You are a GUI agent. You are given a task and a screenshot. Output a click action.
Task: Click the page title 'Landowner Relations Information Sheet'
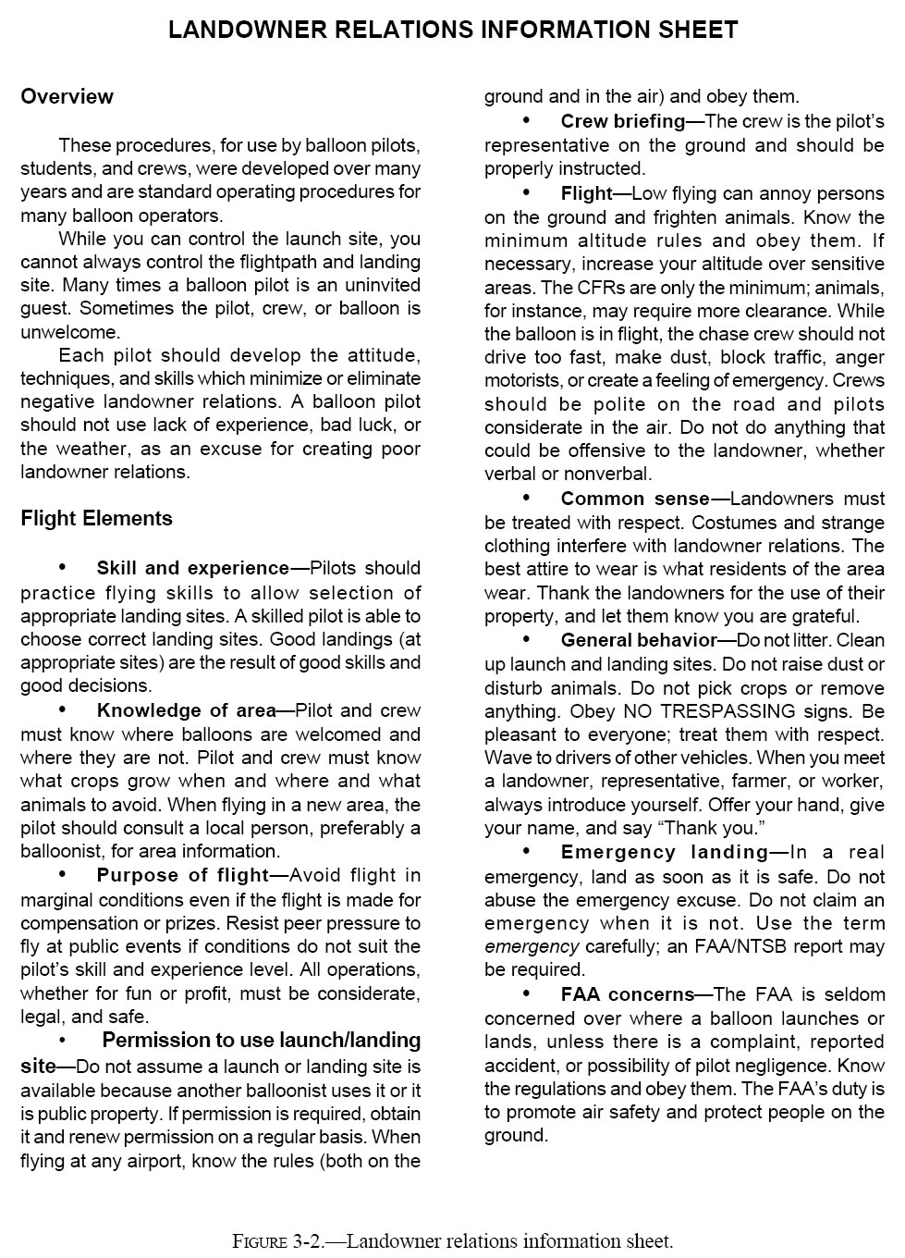click(x=453, y=31)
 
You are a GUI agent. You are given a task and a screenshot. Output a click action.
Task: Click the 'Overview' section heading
click(x=67, y=97)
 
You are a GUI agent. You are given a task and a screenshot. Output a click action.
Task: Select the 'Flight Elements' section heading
click(x=96, y=518)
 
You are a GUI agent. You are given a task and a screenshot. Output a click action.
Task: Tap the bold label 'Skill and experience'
click(x=192, y=568)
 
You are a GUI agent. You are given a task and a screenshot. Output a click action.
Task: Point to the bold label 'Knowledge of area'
click(x=186, y=710)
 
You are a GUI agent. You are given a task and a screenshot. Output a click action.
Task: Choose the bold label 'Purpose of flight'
click(x=182, y=875)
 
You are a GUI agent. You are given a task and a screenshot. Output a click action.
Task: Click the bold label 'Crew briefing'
click(x=622, y=121)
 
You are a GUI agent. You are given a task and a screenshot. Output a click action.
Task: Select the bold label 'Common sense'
click(x=635, y=499)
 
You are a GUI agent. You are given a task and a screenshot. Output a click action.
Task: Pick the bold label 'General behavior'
click(x=638, y=640)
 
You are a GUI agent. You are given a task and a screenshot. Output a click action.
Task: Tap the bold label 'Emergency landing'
click(x=664, y=852)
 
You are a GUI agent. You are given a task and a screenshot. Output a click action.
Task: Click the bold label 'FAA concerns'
click(x=627, y=994)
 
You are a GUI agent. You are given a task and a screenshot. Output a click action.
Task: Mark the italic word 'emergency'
click(x=532, y=946)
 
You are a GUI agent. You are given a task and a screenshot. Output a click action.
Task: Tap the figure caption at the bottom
click(x=452, y=1240)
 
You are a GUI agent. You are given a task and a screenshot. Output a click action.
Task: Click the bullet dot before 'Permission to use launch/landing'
click(x=63, y=1041)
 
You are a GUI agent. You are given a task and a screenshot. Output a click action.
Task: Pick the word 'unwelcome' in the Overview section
click(x=69, y=332)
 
